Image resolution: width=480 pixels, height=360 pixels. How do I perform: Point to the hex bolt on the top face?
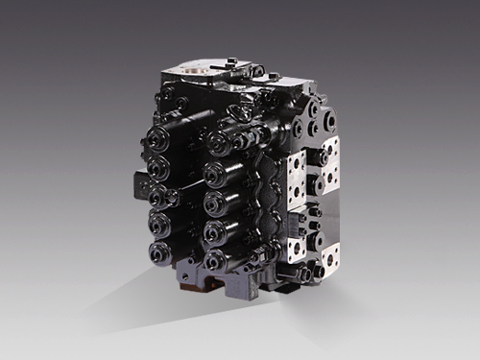point(255,70)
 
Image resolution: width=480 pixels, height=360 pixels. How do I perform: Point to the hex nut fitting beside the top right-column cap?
point(240,141)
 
